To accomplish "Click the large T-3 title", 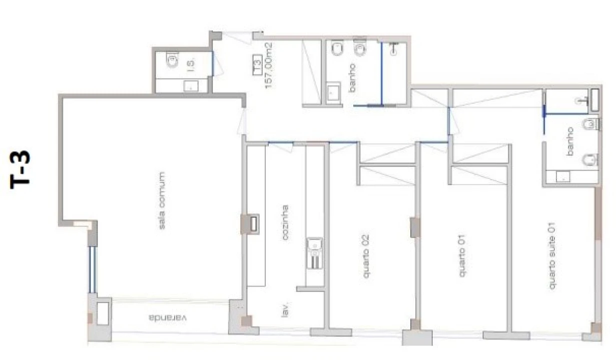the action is pyautogui.click(x=20, y=170).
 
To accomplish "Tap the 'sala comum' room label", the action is pyautogui.click(x=162, y=200).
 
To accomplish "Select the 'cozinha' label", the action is pyautogui.click(x=285, y=222).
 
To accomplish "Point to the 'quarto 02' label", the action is pyautogui.click(x=366, y=256).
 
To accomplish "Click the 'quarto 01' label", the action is pyautogui.click(x=462, y=255).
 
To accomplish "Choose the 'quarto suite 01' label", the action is pyautogui.click(x=552, y=255).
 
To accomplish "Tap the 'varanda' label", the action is pyautogui.click(x=168, y=318).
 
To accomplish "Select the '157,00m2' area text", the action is pyautogui.click(x=269, y=65).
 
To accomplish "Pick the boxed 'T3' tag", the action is pyautogui.click(x=257, y=64).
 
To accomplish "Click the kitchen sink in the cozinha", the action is pyautogui.click(x=314, y=253).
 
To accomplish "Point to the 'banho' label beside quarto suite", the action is pyautogui.click(x=570, y=141).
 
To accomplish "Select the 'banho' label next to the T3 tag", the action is pyautogui.click(x=352, y=78).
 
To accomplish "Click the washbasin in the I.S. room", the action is pyautogui.click(x=191, y=86).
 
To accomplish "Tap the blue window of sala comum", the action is pyautogui.click(x=93, y=270).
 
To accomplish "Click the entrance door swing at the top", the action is pyautogui.click(x=237, y=37).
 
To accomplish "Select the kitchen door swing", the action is pyautogui.click(x=281, y=147).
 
